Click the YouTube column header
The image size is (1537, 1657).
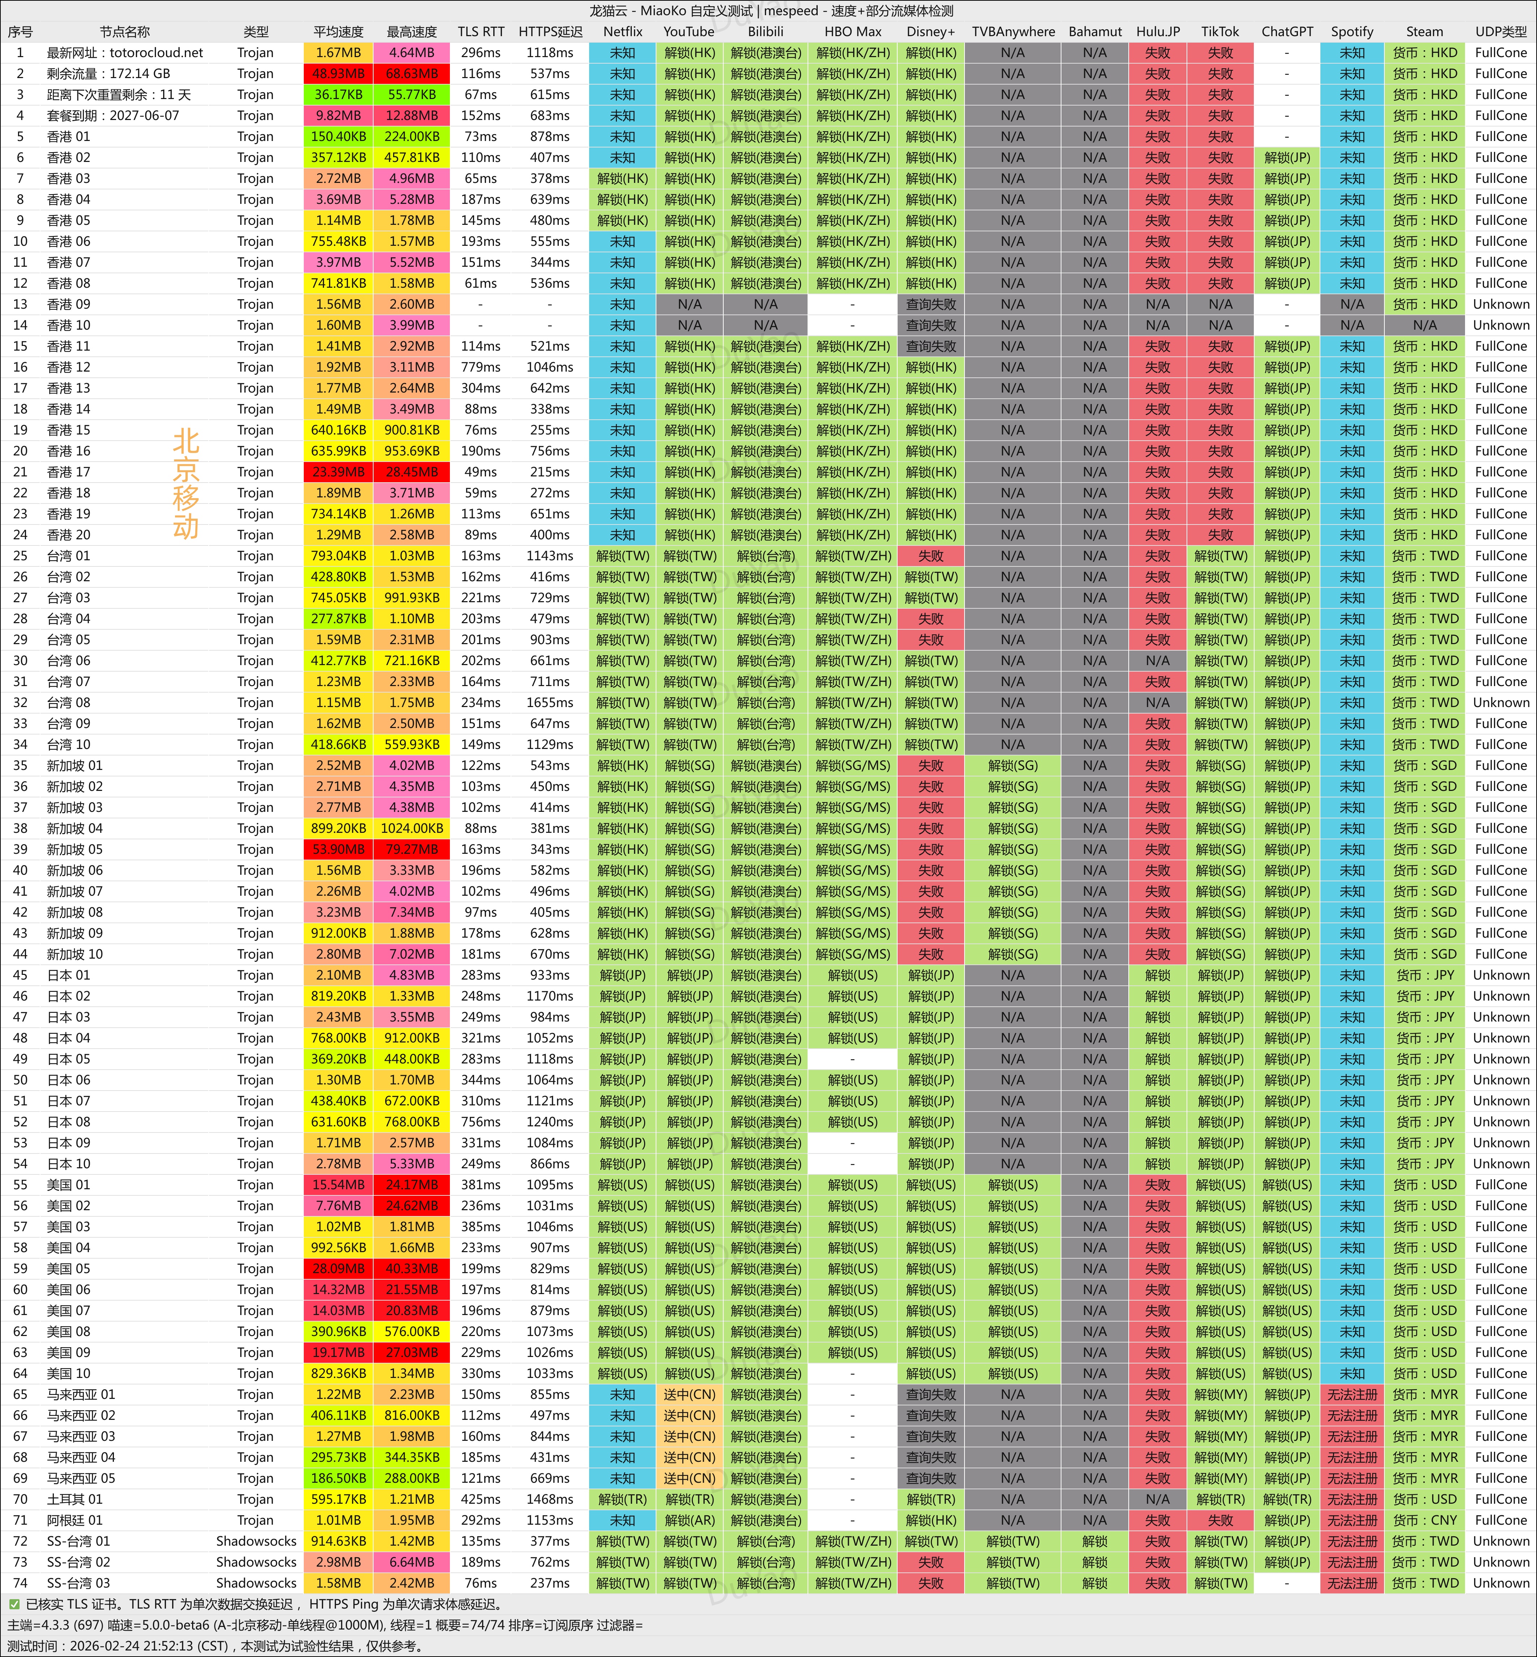689,31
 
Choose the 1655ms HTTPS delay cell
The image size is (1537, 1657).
550,703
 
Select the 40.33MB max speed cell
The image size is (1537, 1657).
412,1269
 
